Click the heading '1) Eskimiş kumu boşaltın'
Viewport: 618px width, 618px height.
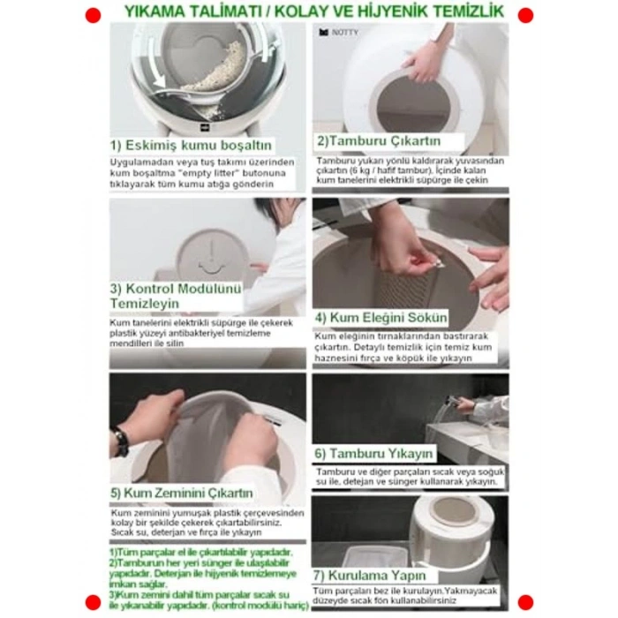tap(191, 146)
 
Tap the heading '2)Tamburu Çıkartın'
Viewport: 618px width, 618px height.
tap(379, 141)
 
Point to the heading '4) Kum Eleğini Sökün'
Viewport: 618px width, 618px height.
tap(382, 318)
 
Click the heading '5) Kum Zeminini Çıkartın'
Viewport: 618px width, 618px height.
tap(183, 493)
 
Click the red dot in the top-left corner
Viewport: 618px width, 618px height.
tap(93, 15)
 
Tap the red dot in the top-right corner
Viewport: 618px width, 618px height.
tap(525, 15)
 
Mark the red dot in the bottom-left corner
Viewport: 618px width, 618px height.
tap(93, 602)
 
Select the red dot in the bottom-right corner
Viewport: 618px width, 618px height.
tap(525, 602)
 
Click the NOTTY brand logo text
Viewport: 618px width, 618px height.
tap(343, 33)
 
